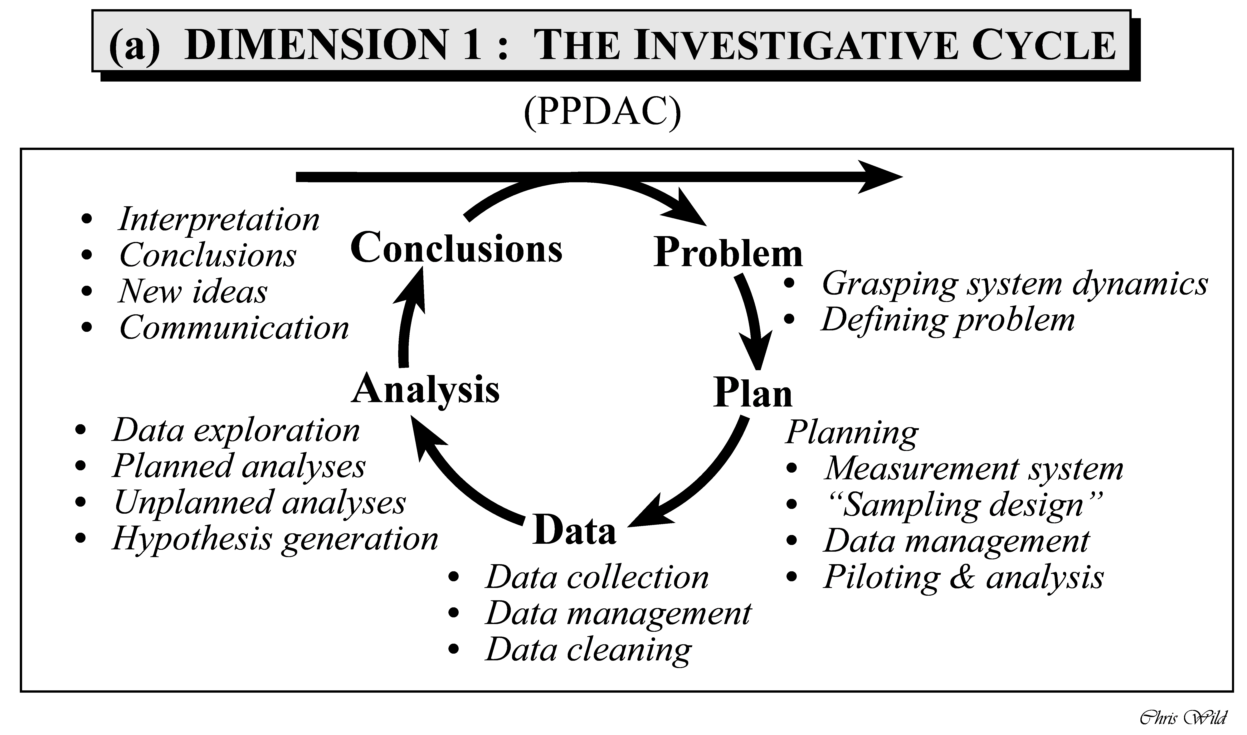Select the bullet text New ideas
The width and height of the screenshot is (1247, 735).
pyautogui.click(x=193, y=292)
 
